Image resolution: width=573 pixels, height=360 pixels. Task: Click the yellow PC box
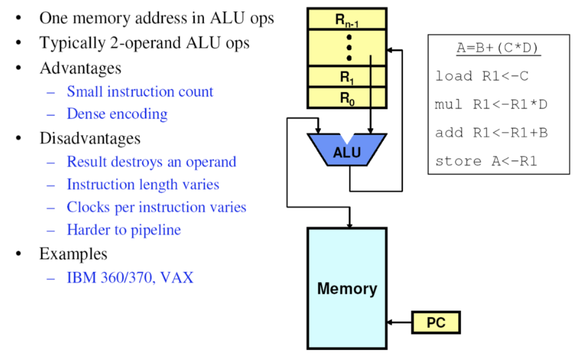[436, 323]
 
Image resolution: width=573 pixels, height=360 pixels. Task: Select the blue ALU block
[347, 151]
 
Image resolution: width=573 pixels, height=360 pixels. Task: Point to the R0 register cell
[347, 98]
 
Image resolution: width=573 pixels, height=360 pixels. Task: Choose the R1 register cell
[347, 77]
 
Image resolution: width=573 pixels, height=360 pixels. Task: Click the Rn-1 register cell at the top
[347, 19]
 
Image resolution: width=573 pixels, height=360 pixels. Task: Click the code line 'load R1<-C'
[482, 76]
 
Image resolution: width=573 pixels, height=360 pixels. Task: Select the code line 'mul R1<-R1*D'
[491, 104]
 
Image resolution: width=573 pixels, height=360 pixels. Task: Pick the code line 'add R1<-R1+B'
[491, 132]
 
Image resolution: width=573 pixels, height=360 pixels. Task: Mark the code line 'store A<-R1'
[486, 161]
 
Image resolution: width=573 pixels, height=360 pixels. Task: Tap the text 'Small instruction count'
[140, 91]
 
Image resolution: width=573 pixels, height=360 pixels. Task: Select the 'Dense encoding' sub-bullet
[117, 114]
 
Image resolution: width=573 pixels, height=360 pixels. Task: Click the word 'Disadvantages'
[90, 138]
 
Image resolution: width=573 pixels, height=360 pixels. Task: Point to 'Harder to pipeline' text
[124, 230]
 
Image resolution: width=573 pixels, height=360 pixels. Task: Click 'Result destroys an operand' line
[151, 162]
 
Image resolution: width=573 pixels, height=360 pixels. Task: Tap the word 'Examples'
[73, 254]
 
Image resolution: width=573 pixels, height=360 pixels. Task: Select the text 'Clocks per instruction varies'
[156, 207]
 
